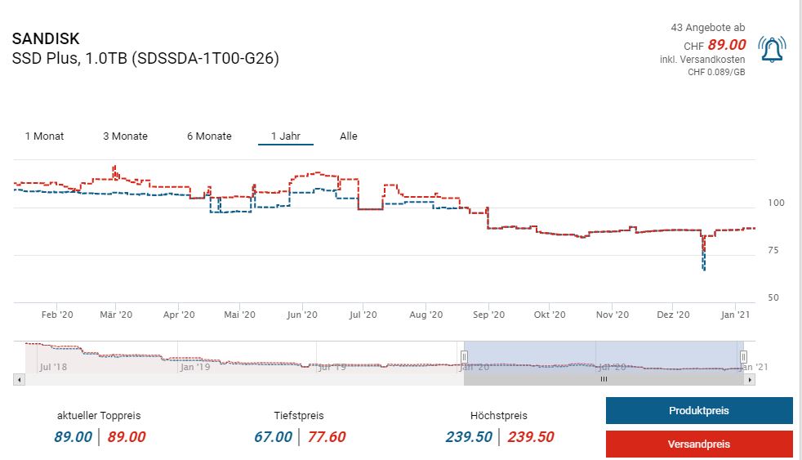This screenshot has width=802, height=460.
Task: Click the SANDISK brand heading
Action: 46,39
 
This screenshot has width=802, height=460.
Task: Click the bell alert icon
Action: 772,50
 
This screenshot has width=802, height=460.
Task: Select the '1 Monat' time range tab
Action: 44,136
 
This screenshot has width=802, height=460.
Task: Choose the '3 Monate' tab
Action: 125,136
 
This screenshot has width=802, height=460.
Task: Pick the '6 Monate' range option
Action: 209,136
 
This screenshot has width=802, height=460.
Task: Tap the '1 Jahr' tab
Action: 285,136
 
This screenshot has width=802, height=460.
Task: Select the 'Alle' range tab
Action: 349,136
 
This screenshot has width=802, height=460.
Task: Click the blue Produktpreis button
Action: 698,411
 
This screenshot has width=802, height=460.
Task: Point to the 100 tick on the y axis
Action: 775,203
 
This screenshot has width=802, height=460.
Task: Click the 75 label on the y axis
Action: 773,250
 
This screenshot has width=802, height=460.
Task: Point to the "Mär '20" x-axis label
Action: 116,315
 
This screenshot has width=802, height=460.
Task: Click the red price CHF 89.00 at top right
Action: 727,45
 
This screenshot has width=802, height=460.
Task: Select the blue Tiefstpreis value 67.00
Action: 273,437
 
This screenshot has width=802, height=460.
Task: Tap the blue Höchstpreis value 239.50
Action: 469,437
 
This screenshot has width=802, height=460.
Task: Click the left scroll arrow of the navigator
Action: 19,379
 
